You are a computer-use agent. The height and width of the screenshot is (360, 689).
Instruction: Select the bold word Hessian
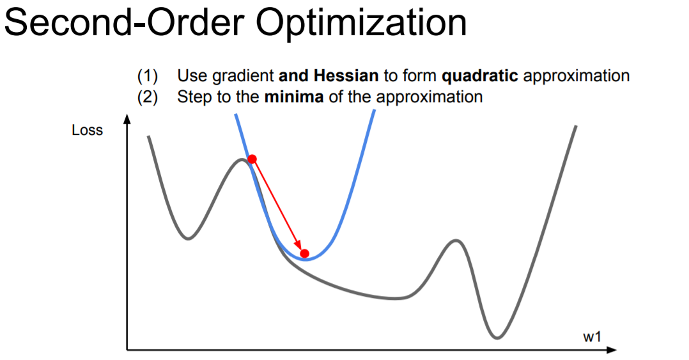(346, 76)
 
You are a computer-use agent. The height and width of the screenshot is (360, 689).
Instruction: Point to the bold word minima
(294, 97)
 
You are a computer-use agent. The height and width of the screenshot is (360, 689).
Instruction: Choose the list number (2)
(147, 97)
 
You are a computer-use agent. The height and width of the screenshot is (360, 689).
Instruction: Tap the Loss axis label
(87, 130)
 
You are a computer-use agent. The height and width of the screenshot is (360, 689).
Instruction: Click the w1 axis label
(592, 337)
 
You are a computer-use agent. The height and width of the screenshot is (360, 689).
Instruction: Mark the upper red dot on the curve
(252, 159)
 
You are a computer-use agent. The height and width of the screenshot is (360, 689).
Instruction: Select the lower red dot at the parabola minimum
(304, 254)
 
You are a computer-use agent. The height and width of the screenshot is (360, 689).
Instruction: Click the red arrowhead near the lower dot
(298, 244)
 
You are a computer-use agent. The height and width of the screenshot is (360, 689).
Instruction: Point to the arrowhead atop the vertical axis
(127, 119)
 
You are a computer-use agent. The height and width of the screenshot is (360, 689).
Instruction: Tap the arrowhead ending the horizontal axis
(612, 350)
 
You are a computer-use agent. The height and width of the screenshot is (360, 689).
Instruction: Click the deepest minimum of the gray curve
(497, 338)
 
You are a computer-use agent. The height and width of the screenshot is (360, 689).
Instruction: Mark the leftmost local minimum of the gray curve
(188, 239)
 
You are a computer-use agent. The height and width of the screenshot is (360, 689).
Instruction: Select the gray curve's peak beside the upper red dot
(241, 160)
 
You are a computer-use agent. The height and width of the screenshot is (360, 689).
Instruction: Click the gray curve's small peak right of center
(456, 241)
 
